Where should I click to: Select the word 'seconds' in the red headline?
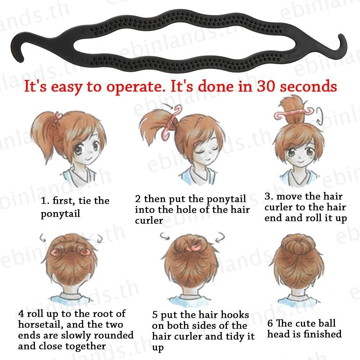(309, 86)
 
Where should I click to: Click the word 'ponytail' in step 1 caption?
(60, 214)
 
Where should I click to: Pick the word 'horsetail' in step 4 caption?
(40, 324)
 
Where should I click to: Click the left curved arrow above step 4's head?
(43, 237)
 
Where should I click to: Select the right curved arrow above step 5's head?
(220, 237)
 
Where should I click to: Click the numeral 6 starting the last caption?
(270, 323)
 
